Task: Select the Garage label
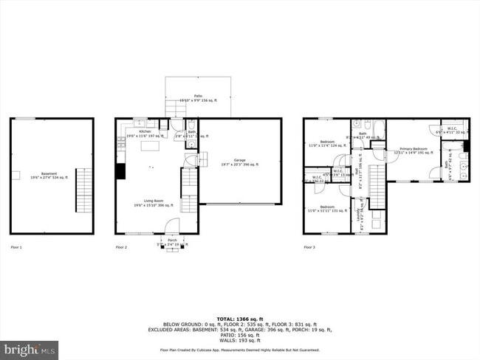pyautogui.click(x=239, y=162)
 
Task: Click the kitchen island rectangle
pyautogui.click(x=152, y=148)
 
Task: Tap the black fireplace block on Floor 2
pyautogui.click(x=120, y=171)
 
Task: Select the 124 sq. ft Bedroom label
pyautogui.click(x=326, y=143)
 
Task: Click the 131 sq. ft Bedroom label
pyautogui.click(x=326, y=209)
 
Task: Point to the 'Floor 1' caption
pyautogui.click(x=16, y=247)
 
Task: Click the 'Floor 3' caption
pyautogui.click(x=309, y=247)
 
